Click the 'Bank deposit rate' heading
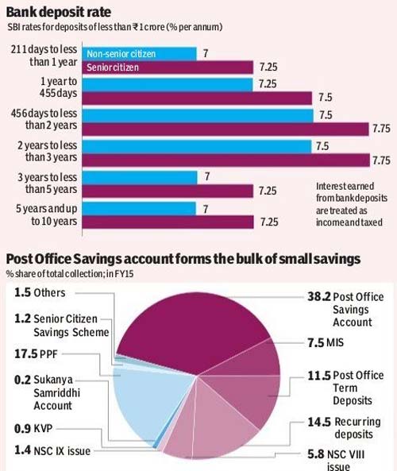(x=59, y=13)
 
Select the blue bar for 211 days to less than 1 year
(x=139, y=54)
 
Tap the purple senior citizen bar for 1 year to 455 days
(x=197, y=98)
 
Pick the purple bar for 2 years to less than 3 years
(x=225, y=160)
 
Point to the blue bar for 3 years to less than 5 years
(x=140, y=177)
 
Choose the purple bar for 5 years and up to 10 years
(x=168, y=222)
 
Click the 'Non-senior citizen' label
(x=121, y=54)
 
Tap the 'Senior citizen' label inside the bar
(x=113, y=68)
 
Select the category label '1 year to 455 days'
(x=59, y=87)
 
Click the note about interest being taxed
(x=352, y=204)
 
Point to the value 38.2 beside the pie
(x=318, y=297)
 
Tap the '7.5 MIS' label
(x=326, y=342)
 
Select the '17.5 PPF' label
(x=36, y=354)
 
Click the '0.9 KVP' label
(x=33, y=428)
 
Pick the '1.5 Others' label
(x=40, y=292)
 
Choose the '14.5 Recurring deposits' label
(x=344, y=428)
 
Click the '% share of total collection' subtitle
(x=70, y=274)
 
